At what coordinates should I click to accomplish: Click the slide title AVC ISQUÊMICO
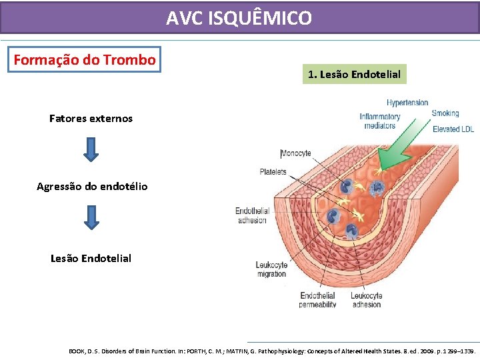point(239,18)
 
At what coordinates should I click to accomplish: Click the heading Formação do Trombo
point(85,59)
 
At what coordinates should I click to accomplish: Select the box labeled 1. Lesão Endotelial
point(353,74)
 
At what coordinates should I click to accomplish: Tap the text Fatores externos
point(91,119)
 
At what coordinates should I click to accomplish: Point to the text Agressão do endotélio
point(92,186)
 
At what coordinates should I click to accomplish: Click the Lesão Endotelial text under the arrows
point(91,258)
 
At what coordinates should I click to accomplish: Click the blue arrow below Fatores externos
point(92,149)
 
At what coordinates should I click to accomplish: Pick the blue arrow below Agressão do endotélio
point(92,217)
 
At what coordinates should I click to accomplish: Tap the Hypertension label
point(407,103)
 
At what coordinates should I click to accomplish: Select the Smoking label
point(445,113)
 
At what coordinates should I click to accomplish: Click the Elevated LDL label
point(453,129)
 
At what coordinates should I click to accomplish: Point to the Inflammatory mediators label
point(380,121)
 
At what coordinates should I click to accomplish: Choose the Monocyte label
point(296,153)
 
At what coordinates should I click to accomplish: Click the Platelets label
point(273,171)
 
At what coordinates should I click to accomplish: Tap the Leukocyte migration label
point(271,269)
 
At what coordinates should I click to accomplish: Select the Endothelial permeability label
point(318,300)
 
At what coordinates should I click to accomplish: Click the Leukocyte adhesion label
point(366,300)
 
